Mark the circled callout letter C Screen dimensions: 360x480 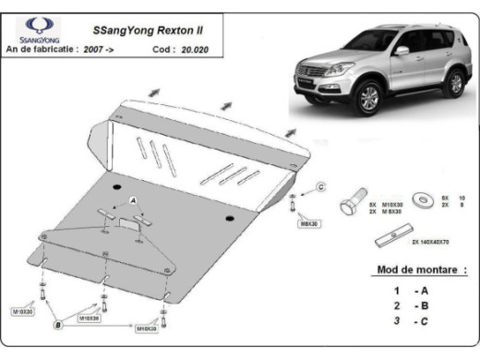point(320,187)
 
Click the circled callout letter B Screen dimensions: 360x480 point(58,324)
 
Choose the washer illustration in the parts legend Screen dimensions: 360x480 point(424,198)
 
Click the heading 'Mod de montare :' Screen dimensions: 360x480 point(419,270)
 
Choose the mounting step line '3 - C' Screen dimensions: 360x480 point(402,320)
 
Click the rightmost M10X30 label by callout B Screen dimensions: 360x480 point(147,327)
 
